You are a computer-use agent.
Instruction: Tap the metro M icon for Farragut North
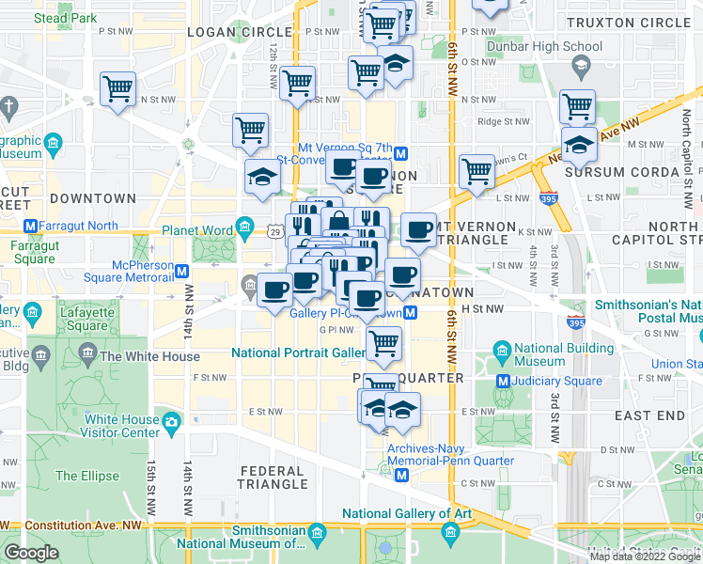[30, 226]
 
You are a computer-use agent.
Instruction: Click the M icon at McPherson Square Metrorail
[182, 271]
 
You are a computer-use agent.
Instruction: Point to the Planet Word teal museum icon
[245, 226]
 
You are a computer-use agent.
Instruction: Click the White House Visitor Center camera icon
[172, 421]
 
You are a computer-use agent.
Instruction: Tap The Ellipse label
[87, 476]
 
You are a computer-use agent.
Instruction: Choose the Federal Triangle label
[273, 478]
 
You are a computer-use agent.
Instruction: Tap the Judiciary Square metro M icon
[502, 381]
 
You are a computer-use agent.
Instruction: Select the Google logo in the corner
[31, 552]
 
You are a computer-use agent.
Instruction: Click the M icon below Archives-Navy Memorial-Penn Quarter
[401, 476]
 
